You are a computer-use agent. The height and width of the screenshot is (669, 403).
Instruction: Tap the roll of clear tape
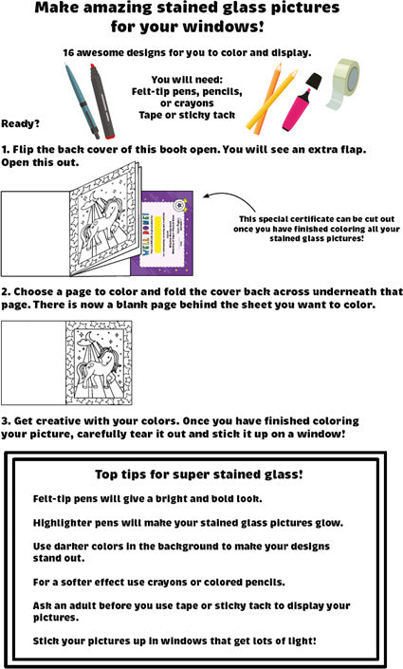[x=343, y=82]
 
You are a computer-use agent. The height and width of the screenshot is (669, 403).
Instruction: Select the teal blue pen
[x=82, y=101]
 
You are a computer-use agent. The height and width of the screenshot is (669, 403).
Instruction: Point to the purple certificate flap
[x=167, y=232]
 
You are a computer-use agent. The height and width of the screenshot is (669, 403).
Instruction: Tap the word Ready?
[x=20, y=124]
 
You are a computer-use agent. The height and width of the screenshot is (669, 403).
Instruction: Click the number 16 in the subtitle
[x=68, y=53]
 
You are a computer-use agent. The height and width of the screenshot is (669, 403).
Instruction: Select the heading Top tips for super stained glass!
[x=199, y=474]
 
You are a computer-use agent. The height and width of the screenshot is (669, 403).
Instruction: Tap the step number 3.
[x=5, y=421]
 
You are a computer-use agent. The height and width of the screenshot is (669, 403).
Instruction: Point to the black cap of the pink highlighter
[x=314, y=81]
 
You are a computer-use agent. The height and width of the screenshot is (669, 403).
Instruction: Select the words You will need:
[x=187, y=80]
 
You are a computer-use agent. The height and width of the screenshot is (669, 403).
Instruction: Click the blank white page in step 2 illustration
[x=34, y=363]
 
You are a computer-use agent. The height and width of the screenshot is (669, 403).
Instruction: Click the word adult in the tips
[x=81, y=605]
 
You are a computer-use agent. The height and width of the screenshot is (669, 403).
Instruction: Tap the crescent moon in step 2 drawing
[x=88, y=338]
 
